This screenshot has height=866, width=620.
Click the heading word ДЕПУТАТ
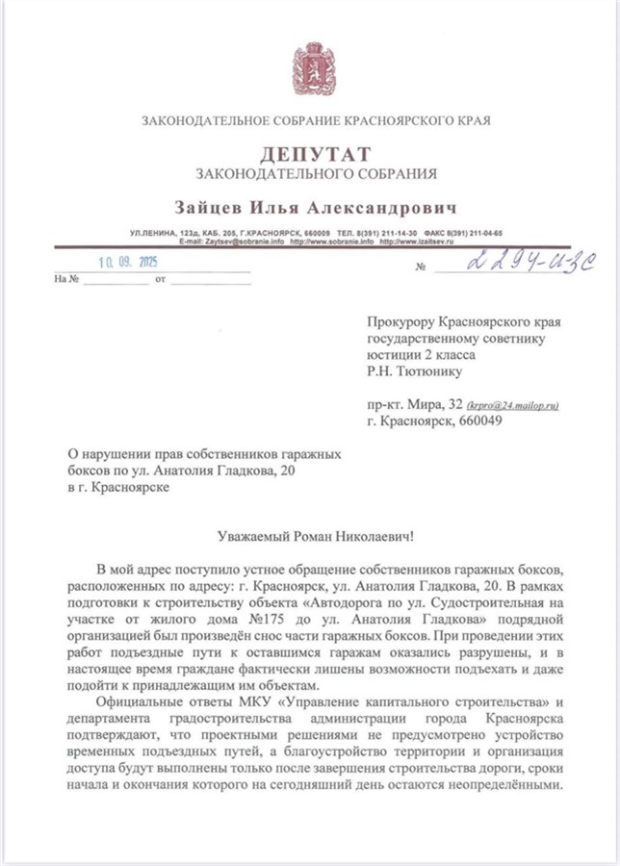(315, 155)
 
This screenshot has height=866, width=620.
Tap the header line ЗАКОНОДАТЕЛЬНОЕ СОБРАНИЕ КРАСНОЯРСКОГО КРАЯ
(315, 122)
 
